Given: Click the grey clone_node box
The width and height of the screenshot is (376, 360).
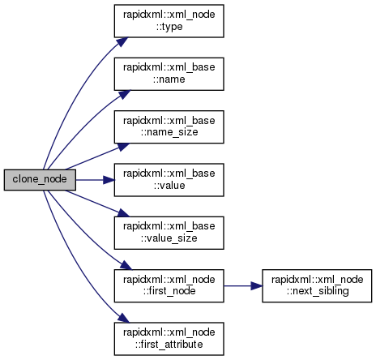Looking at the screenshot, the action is click(x=40, y=180).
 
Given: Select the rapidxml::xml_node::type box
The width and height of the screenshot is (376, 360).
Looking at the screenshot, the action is click(x=169, y=21).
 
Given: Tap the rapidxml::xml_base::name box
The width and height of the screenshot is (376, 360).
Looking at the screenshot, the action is click(x=169, y=74).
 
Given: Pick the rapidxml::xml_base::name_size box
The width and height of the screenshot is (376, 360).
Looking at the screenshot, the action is click(x=169, y=126).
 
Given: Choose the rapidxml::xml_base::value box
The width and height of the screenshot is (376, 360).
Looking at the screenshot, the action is click(x=169, y=180).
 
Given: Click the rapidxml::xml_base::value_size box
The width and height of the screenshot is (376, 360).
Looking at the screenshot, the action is click(x=169, y=233).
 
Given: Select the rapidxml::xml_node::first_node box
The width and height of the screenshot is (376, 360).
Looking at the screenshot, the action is click(x=169, y=285).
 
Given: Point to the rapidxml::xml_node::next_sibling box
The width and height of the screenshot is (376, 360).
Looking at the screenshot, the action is click(x=317, y=285).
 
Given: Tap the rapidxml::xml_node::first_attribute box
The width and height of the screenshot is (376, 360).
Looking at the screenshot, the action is click(x=169, y=339).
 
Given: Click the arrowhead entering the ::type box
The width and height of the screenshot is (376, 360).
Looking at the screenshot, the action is click(x=122, y=42).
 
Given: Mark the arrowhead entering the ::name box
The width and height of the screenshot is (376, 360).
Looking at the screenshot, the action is click(x=125, y=94).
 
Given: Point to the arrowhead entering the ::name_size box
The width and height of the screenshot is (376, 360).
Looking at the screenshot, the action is click(x=124, y=147).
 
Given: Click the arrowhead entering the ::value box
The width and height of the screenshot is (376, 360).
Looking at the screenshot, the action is click(x=109, y=180).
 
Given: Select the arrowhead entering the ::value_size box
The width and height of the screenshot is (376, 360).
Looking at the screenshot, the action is click(x=124, y=212).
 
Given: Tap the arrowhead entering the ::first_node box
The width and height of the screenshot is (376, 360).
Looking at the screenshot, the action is click(x=126, y=265).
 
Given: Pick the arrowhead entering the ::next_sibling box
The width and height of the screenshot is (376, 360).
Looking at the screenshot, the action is click(x=257, y=285).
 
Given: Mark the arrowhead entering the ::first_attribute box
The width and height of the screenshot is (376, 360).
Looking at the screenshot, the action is click(x=124, y=318).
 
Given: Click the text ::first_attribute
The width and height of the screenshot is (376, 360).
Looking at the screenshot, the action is click(x=169, y=345).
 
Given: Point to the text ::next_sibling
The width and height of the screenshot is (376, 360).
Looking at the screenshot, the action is click(x=318, y=291).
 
